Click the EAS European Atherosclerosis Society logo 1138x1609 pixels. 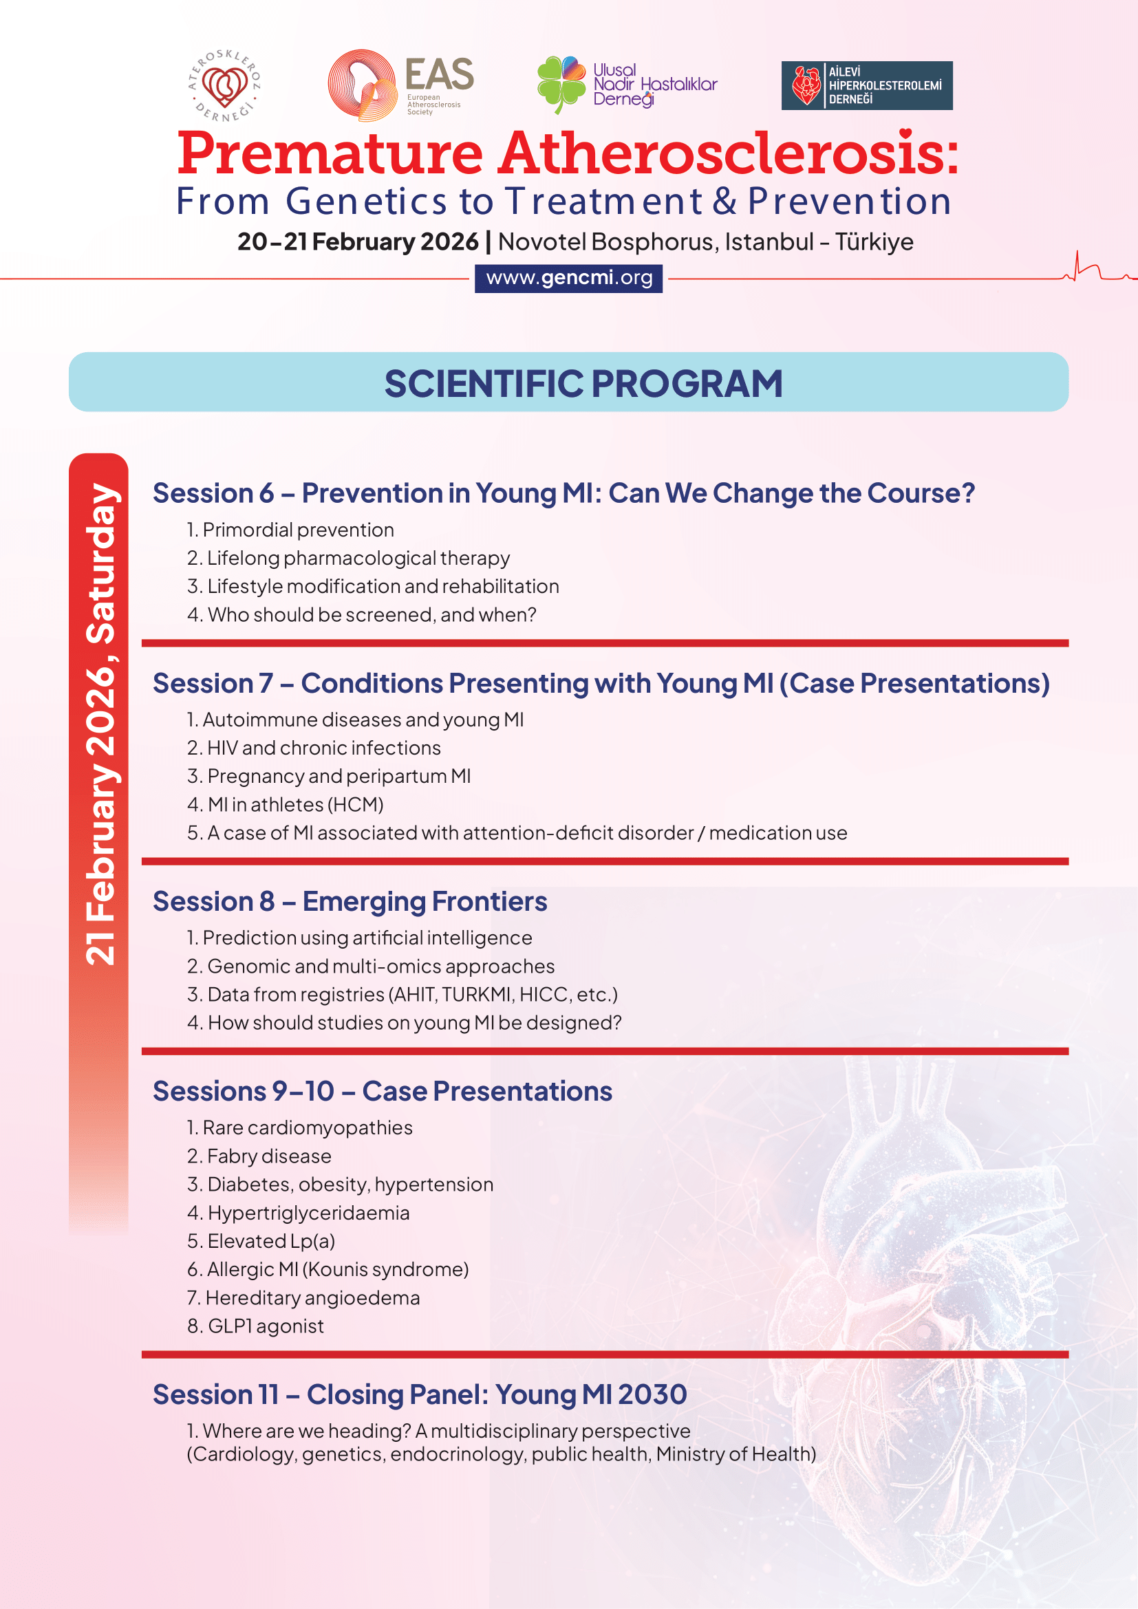[401, 84]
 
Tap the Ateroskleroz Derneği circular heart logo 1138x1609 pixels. [224, 85]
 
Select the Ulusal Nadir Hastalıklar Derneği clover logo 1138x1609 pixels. [627, 85]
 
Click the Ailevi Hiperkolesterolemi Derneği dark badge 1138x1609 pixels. [866, 85]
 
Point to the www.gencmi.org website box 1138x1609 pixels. [568, 278]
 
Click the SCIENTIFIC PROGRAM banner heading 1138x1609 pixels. [583, 383]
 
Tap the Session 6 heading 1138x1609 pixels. [563, 493]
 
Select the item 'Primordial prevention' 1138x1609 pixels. [290, 530]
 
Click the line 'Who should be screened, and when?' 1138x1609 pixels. [362, 614]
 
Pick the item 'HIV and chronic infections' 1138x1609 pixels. [314, 748]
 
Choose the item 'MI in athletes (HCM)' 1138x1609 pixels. [286, 805]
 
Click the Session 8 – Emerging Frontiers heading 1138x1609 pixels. [350, 901]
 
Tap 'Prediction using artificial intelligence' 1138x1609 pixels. [359, 938]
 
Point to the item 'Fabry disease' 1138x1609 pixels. [259, 1156]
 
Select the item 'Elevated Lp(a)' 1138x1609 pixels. [261, 1240]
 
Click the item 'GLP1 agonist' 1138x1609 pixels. [256, 1325]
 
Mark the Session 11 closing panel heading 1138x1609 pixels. [420, 1394]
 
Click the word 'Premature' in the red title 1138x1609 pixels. [330, 153]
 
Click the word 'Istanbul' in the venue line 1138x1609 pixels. [768, 241]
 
